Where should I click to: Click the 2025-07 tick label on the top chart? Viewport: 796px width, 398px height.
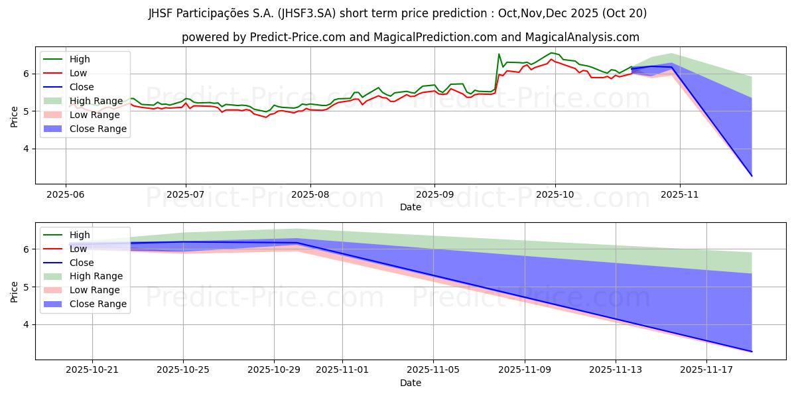pyautogui.click(x=185, y=194)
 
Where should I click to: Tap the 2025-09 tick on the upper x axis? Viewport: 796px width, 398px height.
pyautogui.click(x=434, y=194)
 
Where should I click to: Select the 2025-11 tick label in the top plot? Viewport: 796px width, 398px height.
pyautogui.click(x=680, y=194)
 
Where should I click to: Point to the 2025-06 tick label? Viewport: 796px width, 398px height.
pyautogui.click(x=65, y=194)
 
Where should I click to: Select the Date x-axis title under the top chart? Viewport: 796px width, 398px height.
pyautogui.click(x=411, y=207)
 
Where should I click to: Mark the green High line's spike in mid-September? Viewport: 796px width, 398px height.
pyautogui.click(x=499, y=54)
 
